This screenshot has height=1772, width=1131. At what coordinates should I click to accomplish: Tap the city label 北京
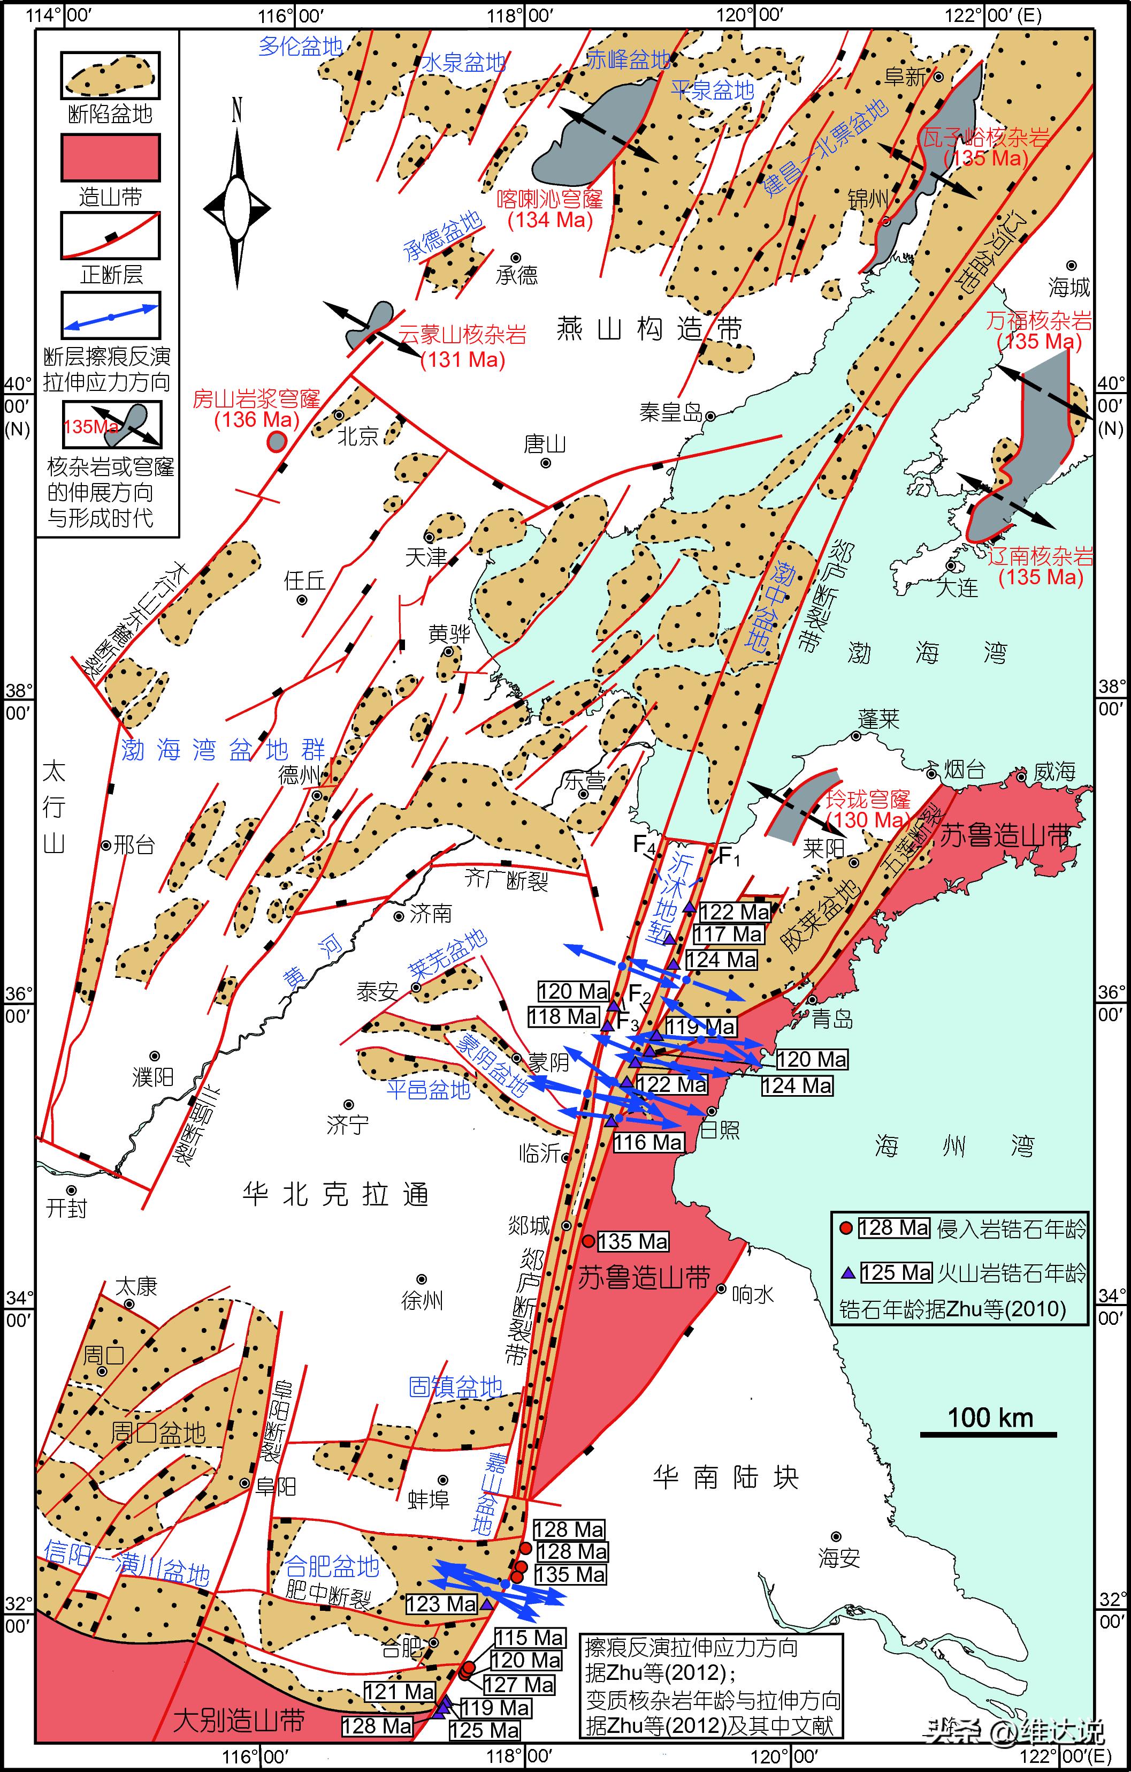[357, 436]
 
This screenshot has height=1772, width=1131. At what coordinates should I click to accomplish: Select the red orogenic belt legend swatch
[110, 157]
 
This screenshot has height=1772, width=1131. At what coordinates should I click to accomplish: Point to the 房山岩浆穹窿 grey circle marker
[277, 442]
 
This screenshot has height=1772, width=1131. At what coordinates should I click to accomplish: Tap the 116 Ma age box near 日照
[648, 1142]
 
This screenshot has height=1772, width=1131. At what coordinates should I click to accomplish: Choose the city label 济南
[430, 914]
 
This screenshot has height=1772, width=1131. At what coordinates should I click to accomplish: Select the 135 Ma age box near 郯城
[632, 1241]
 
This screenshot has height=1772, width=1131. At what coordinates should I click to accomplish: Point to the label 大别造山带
[239, 1721]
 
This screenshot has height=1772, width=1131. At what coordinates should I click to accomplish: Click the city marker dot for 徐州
[422, 1280]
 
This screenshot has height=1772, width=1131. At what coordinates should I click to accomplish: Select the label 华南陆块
[725, 1477]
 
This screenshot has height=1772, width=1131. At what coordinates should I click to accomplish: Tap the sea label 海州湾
[954, 1146]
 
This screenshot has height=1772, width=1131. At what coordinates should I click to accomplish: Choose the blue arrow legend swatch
[110, 316]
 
